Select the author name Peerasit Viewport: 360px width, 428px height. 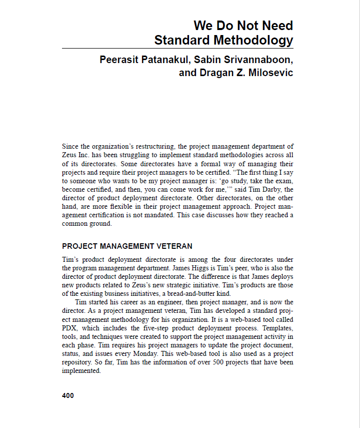(x=121, y=60)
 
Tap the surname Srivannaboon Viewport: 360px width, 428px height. (x=256, y=60)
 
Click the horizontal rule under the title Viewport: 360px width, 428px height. (x=177, y=49)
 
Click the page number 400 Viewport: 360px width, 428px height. (x=68, y=395)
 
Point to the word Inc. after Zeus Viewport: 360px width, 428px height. (x=85, y=155)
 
